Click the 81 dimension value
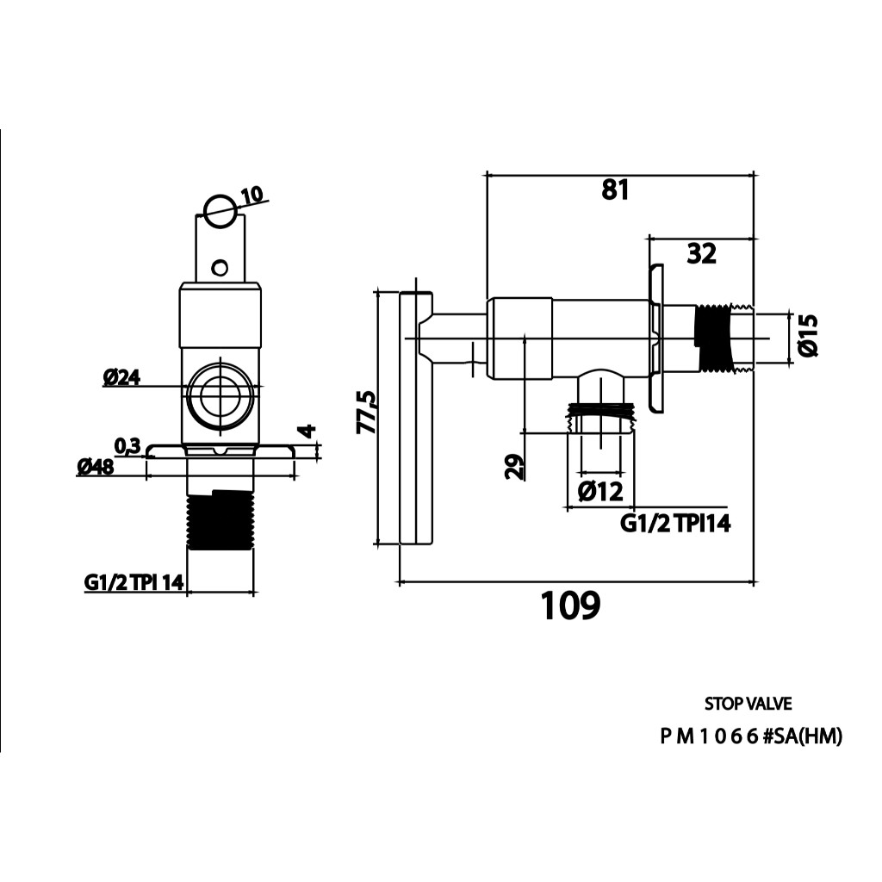pyautogui.click(x=615, y=189)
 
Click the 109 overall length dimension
pyautogui.click(x=569, y=606)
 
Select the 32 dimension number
pyautogui.click(x=701, y=253)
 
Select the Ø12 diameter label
pyautogui.click(x=600, y=491)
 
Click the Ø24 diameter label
pyautogui.click(x=121, y=377)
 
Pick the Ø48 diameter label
pyautogui.click(x=96, y=467)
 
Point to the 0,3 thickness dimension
pyautogui.click(x=127, y=445)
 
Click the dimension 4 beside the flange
pyautogui.click(x=309, y=432)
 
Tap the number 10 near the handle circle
pyautogui.click(x=252, y=196)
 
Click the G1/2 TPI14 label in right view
pyautogui.click(x=675, y=522)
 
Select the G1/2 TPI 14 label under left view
pyautogui.click(x=134, y=582)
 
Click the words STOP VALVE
pyautogui.click(x=748, y=704)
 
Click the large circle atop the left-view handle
pyautogui.click(x=219, y=208)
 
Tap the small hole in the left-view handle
pyautogui.click(x=221, y=267)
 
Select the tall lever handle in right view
pyautogui.click(x=415, y=419)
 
